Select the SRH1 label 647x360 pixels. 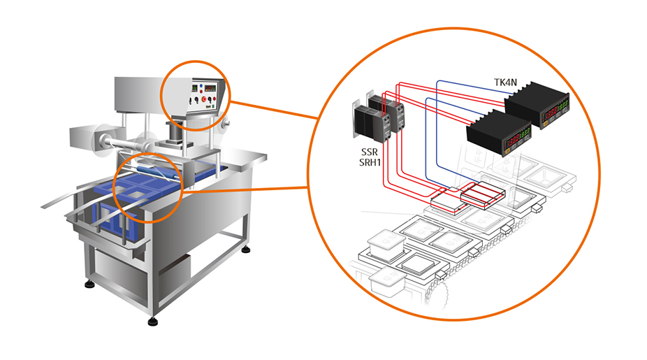click(368, 164)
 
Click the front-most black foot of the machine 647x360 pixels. click(153, 322)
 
